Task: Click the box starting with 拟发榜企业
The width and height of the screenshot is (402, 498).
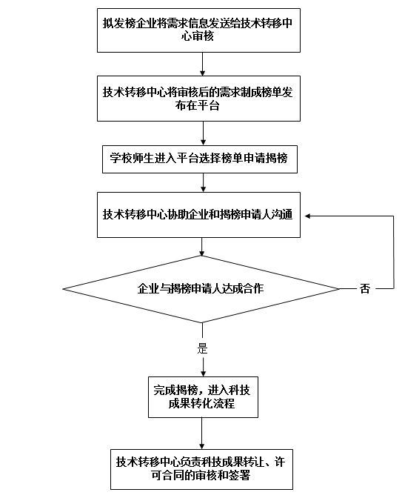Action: pos(198,30)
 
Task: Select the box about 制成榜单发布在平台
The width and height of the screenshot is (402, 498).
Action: pos(198,99)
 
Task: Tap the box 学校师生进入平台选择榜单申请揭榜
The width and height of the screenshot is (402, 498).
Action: pos(200,159)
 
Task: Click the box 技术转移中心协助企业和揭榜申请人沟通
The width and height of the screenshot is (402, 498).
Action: pos(198,215)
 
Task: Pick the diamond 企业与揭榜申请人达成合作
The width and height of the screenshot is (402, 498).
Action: pos(201,289)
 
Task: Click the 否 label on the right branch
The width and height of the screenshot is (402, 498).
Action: pos(365,289)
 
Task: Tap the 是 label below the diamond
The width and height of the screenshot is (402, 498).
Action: pos(202,348)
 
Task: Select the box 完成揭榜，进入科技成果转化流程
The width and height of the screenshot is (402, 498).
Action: pos(203,397)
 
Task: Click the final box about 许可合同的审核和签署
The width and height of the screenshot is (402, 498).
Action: pos(201,469)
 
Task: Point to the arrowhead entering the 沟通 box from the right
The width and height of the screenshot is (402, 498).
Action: pos(307,216)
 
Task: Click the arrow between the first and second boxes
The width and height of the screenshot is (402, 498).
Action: pos(202,64)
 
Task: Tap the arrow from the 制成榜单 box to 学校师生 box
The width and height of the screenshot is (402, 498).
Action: pos(203,133)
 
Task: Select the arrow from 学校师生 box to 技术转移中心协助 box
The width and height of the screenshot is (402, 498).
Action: pos(203,182)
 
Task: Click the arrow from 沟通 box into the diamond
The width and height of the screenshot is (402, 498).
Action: pos(202,247)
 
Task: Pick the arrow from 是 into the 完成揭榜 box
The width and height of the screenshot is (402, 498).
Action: pos(203,366)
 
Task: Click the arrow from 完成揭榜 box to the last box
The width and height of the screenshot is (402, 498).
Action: pos(202,434)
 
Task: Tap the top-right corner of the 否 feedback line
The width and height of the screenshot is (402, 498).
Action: pos(393,216)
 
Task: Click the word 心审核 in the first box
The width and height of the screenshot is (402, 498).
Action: pos(198,36)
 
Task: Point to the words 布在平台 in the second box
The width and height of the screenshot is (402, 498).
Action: pos(198,106)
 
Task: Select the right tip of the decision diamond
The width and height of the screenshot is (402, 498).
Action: pos(340,289)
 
